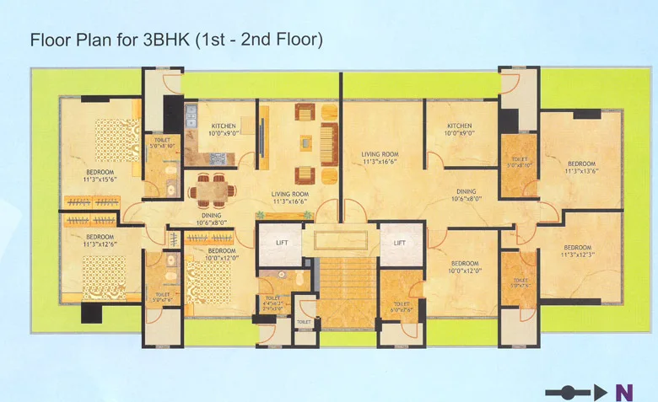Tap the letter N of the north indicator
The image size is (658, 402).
[624, 392]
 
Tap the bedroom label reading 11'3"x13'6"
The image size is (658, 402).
[581, 168]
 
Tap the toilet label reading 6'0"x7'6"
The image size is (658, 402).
[402, 307]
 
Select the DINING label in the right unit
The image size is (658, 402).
[466, 196]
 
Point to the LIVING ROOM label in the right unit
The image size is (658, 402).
[380, 158]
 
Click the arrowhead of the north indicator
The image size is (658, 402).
[600, 392]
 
